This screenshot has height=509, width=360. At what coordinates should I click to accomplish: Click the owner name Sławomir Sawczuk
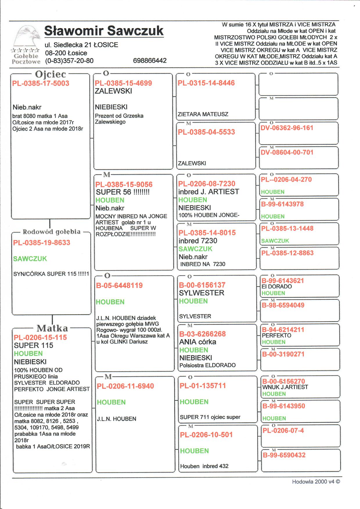coord(104,31)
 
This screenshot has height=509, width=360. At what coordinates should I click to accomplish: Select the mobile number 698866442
coord(150,61)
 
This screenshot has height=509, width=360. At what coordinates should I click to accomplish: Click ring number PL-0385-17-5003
coord(41,84)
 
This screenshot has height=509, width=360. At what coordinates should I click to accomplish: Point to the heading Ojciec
coord(51,74)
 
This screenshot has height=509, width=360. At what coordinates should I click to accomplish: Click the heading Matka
coord(52,328)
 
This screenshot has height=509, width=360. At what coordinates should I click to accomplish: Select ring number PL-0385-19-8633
coord(42,243)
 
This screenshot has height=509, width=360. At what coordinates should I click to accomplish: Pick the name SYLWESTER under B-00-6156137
coord(201,293)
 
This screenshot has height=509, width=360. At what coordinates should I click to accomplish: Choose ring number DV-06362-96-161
coord(287,128)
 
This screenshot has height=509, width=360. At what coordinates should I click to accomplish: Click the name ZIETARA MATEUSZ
coord(203,114)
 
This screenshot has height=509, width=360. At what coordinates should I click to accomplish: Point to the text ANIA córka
coord(198,342)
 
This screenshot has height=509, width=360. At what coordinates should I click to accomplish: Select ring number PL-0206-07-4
coord(283,431)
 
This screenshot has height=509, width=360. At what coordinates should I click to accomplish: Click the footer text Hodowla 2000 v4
coord(316,482)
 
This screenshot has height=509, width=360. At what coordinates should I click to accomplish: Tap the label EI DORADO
coord(277,287)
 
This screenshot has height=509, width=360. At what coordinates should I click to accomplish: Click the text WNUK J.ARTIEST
coord(285,387)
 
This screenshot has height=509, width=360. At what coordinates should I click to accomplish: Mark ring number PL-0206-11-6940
coord(125,386)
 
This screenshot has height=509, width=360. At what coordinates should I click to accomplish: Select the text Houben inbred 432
coord(204,466)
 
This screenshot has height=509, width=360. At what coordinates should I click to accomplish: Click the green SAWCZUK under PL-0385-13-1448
coord(275,241)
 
